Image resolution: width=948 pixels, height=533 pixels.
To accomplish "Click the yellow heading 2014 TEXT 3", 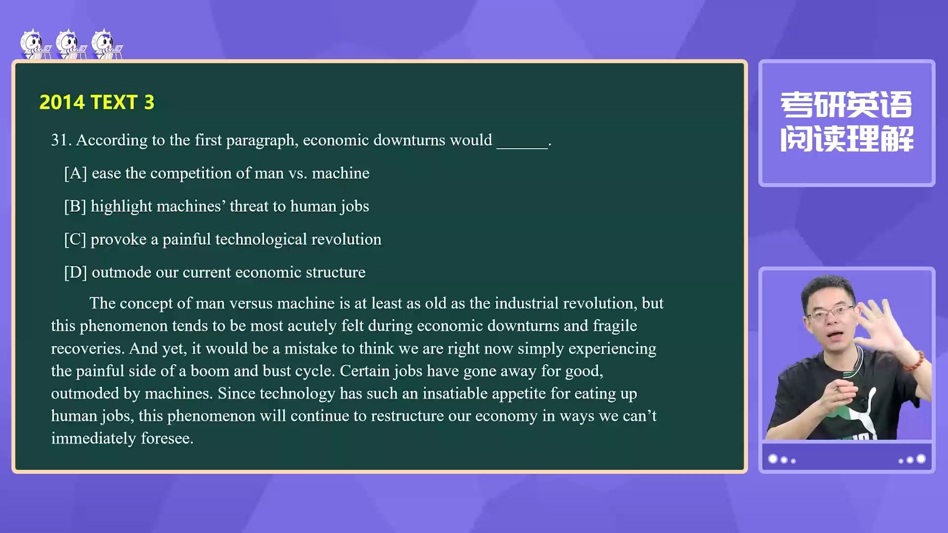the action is coord(97,102).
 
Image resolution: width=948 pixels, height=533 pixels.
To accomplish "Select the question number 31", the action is coord(61,140).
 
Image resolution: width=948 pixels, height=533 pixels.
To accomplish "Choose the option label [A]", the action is coord(76,173).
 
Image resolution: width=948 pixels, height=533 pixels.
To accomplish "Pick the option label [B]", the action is coord(75,206).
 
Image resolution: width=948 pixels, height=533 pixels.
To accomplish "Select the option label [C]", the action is coord(75,239).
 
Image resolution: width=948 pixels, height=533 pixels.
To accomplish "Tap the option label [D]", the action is coord(76,272).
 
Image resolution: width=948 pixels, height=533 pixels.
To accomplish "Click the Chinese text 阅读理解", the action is coord(846,139).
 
